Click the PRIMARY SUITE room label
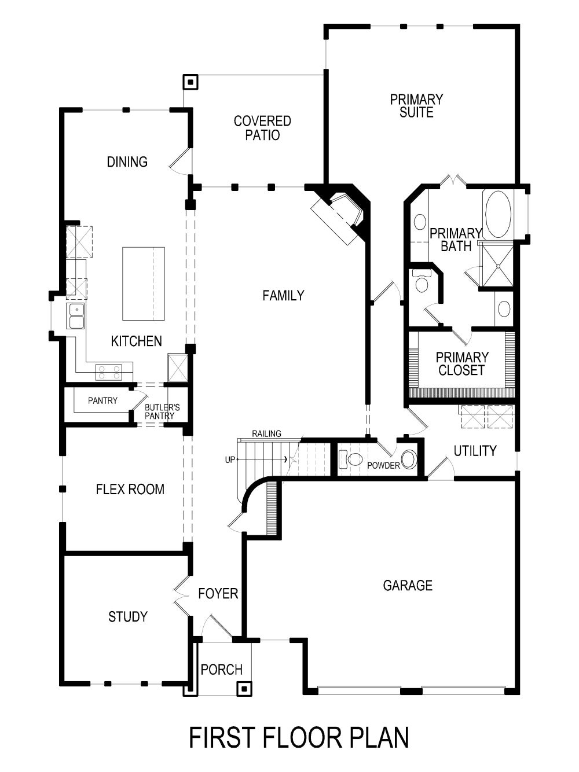[x=416, y=106]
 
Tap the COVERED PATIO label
[x=262, y=128]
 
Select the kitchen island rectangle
[x=143, y=284]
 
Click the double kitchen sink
[x=76, y=316]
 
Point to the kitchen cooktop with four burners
[x=109, y=372]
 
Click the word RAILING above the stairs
[x=266, y=433]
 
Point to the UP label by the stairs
[x=230, y=460]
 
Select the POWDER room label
[x=383, y=465]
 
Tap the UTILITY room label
[x=475, y=451]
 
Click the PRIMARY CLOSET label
[x=461, y=364]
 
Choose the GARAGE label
[x=408, y=586]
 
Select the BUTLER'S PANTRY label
[x=162, y=411]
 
